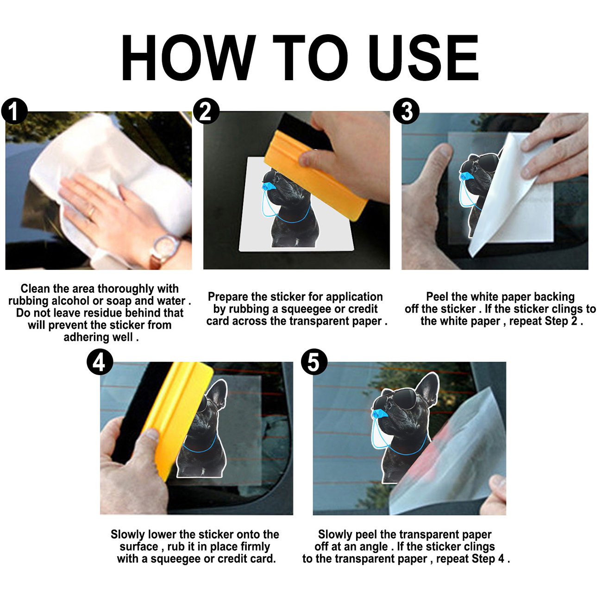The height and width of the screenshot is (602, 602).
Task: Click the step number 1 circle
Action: coord(14,111)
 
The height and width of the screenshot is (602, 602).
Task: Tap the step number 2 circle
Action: coord(206,111)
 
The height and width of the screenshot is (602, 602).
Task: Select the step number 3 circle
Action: coord(406,111)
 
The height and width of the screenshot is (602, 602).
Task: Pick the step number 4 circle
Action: coord(100,362)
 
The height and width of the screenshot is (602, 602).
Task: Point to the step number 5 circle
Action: coord(314,362)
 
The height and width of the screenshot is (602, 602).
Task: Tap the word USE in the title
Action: coord(423,58)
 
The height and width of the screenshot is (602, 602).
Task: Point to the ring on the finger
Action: coord(91,212)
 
